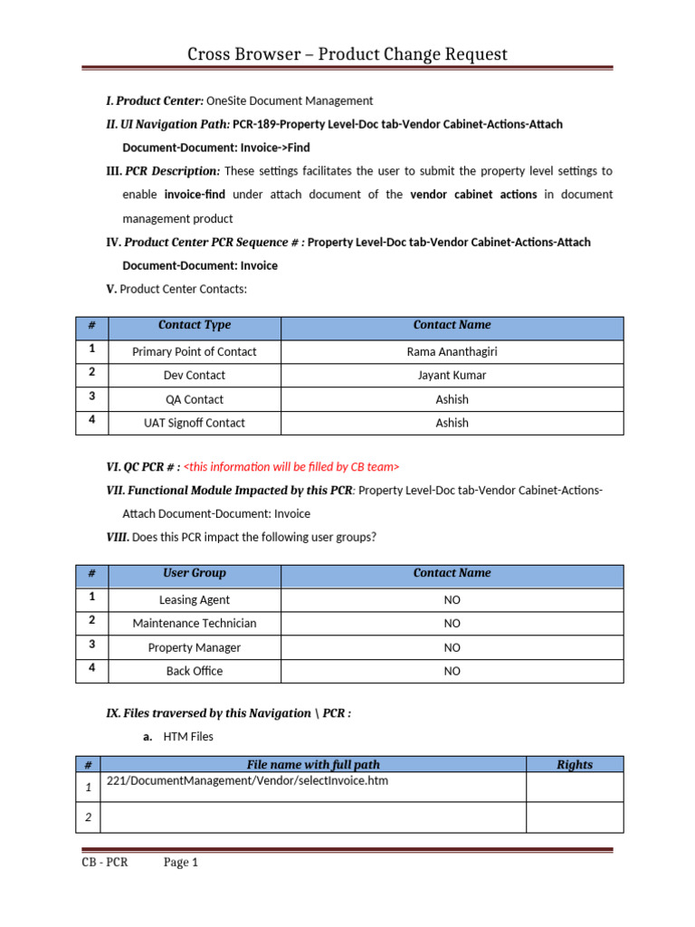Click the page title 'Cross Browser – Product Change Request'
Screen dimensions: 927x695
(x=347, y=54)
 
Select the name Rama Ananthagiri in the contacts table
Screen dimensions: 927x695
(x=452, y=351)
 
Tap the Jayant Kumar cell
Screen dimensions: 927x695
(x=452, y=375)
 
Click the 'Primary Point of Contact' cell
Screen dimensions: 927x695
(x=195, y=351)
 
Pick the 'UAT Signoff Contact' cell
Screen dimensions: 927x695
(x=195, y=423)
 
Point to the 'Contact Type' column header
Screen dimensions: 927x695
(x=195, y=325)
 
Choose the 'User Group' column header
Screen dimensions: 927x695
(x=195, y=573)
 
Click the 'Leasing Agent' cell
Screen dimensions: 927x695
(x=195, y=599)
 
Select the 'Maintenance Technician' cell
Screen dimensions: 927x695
(x=195, y=623)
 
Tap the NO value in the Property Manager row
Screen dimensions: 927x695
(x=452, y=647)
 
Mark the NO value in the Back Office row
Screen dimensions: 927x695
(x=452, y=671)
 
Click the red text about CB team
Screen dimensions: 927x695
(x=290, y=466)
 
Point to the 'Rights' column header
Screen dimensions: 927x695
(x=575, y=765)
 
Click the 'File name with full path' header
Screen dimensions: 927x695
(x=313, y=765)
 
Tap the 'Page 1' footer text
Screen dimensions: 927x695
(x=180, y=862)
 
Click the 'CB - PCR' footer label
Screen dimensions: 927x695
(x=104, y=862)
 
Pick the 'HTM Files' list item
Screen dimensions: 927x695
(x=188, y=738)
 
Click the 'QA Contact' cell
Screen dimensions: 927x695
(x=195, y=399)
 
